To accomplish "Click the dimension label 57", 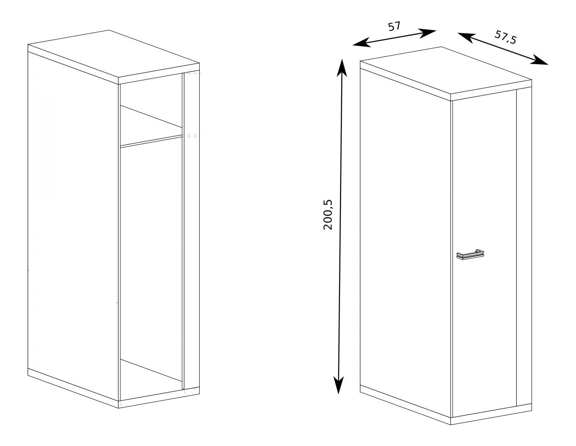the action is tap(394, 26).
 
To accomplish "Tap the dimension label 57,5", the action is tap(505, 37).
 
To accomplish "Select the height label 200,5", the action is tap(328, 215).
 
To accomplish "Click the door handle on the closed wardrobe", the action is tap(470, 254).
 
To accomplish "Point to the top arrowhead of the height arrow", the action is tap(342, 68).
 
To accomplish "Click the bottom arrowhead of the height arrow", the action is tap(339, 385).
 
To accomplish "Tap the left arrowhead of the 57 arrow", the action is tap(361, 43).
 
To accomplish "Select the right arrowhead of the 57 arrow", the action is tap(427, 33).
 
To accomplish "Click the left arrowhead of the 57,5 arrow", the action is tap(466, 37).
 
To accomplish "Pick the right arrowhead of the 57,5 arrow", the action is tap(539, 60).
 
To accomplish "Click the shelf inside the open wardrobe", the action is tap(151, 126).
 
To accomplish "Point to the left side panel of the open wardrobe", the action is tap(73, 225).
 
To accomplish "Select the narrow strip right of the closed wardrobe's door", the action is tap(524, 247).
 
